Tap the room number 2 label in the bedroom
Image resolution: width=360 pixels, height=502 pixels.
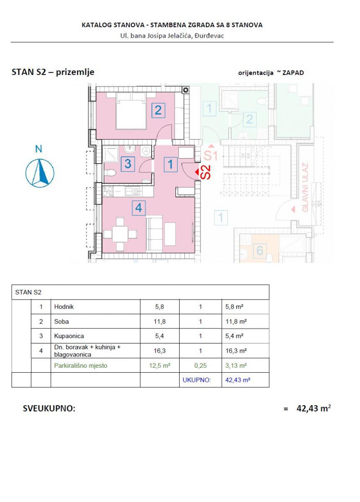point(158,110)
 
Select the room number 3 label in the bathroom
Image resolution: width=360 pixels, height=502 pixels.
point(128,164)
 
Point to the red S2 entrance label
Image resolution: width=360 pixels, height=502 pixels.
point(205,172)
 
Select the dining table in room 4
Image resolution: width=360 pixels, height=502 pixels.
point(121,235)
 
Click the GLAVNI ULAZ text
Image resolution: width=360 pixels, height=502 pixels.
point(305,187)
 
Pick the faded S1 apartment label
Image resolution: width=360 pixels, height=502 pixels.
point(211,156)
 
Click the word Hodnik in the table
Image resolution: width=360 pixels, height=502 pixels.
point(64,307)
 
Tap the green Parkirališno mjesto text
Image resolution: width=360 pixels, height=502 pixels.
point(81,366)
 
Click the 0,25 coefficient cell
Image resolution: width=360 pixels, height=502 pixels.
point(201,366)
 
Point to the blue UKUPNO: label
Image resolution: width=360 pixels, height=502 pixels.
point(196,381)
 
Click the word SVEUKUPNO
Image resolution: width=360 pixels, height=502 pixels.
point(49,409)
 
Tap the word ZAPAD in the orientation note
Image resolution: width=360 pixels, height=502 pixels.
point(293,72)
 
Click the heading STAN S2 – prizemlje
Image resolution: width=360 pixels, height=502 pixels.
point(53,72)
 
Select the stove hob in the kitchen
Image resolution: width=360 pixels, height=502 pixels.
point(108,192)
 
